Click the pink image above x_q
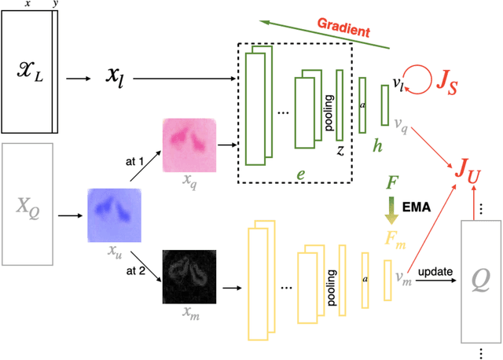(189, 145)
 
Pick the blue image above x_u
(115, 215)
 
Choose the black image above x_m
(189, 274)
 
